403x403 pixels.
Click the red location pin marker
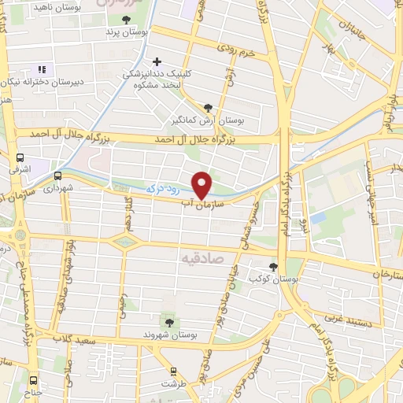202,183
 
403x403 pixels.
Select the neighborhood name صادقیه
202,257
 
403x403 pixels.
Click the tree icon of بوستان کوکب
274,267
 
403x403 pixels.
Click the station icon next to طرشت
174,371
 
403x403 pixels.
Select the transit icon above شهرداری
57,176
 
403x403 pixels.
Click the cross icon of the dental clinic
157,61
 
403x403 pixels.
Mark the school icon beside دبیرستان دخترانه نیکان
41,68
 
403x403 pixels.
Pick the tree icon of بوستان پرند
127,20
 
